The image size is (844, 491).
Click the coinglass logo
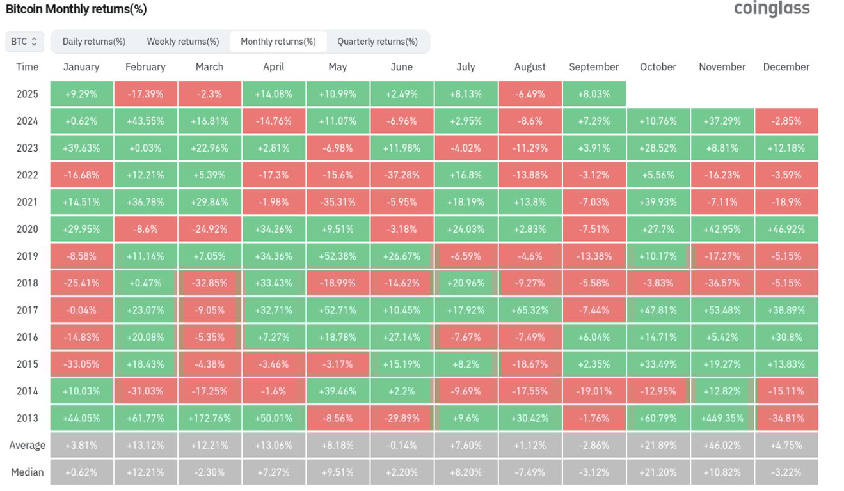(771, 9)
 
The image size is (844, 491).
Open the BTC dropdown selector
(25, 42)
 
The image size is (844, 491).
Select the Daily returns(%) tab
(94, 42)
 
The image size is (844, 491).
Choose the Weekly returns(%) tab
(183, 42)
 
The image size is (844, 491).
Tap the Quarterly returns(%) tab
(378, 42)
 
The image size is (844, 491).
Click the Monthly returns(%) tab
(278, 42)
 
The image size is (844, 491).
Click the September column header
(594, 67)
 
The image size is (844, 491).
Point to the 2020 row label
(27, 229)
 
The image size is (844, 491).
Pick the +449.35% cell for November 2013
(722, 418)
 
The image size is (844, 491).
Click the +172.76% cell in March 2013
(210, 418)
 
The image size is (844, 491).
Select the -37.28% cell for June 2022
(402, 175)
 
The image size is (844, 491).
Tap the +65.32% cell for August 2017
(530, 310)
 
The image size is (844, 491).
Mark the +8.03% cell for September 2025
(594, 94)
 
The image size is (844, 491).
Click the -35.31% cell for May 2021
(338, 202)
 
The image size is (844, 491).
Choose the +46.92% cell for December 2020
(786, 229)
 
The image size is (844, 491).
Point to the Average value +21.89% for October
(658, 445)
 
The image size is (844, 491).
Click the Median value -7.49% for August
(530, 472)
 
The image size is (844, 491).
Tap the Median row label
(27, 472)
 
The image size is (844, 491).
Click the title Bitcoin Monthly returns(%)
(76, 10)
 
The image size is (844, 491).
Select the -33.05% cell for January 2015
(82, 364)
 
